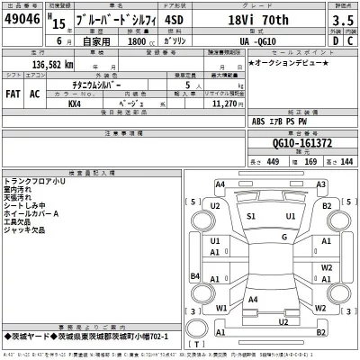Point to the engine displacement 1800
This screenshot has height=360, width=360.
click(x=137, y=40)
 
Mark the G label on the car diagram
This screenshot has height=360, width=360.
click(x=284, y=237)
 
